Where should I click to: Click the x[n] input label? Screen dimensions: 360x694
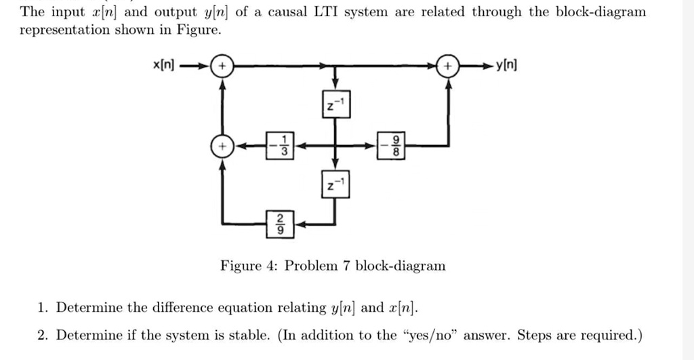tap(163, 66)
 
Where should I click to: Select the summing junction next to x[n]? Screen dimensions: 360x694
tap(221, 66)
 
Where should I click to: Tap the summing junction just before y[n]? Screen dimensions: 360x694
tap(447, 66)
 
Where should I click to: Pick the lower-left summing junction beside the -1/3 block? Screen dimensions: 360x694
tap(221, 146)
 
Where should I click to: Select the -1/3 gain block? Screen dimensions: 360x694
tap(279, 146)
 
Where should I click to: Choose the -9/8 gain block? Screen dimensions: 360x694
tap(391, 146)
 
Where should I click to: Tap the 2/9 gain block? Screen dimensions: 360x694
tap(279, 223)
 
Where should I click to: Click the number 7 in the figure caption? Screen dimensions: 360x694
tap(346, 266)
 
